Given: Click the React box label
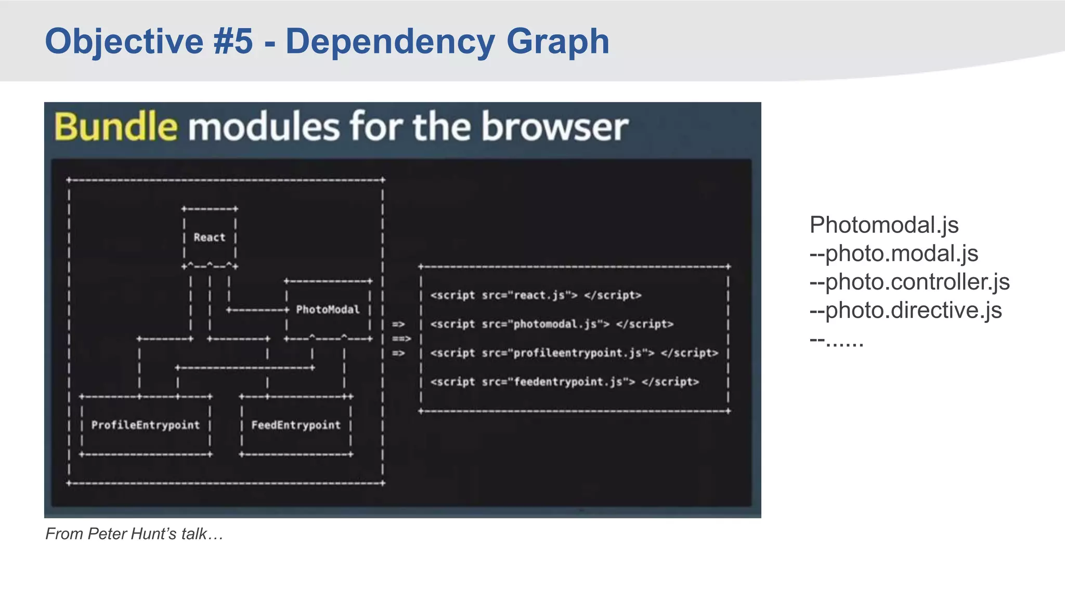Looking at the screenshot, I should tap(209, 238).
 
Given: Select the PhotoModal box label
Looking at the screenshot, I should tap(328, 310).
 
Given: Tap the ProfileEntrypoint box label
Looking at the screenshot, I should tap(145, 425).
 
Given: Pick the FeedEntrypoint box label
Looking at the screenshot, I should tap(296, 425).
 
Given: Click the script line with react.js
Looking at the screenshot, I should tap(536, 295).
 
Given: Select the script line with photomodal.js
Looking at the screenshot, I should tap(551, 324).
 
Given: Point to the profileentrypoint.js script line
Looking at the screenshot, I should tap(574, 353).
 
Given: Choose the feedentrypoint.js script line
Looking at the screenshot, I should tap(564, 382).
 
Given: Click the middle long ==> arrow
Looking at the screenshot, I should tap(401, 339).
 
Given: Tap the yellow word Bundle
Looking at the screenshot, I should tap(115, 127).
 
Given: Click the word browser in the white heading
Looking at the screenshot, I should tap(554, 127).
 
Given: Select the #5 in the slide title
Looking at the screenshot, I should tap(232, 42).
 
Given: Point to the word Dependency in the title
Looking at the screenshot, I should tap(389, 42).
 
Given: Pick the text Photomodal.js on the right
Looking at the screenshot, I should tap(884, 225).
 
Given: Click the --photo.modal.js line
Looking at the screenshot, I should tap(893, 254).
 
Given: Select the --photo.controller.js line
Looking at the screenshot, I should tap(909, 282).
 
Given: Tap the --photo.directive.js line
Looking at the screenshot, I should tap(905, 310).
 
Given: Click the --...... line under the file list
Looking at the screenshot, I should tap(836, 340).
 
